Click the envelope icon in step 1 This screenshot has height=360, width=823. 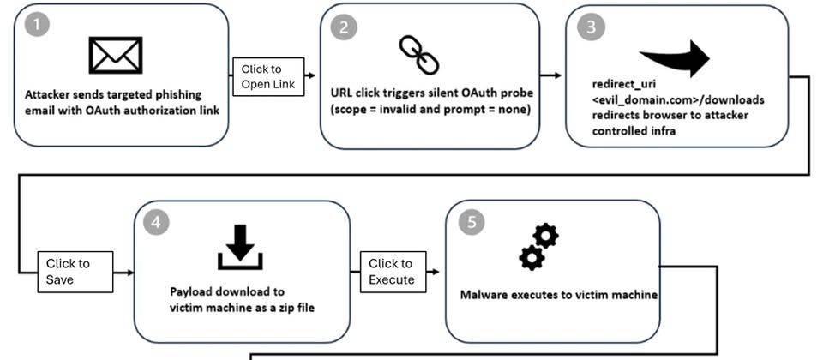(116, 55)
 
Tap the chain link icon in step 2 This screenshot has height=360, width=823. (419, 55)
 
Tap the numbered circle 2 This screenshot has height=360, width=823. (342, 26)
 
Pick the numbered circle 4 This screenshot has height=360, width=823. (155, 220)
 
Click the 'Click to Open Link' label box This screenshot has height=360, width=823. (268, 76)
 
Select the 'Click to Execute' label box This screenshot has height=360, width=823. (393, 271)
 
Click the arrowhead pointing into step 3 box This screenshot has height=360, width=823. (558, 75)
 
